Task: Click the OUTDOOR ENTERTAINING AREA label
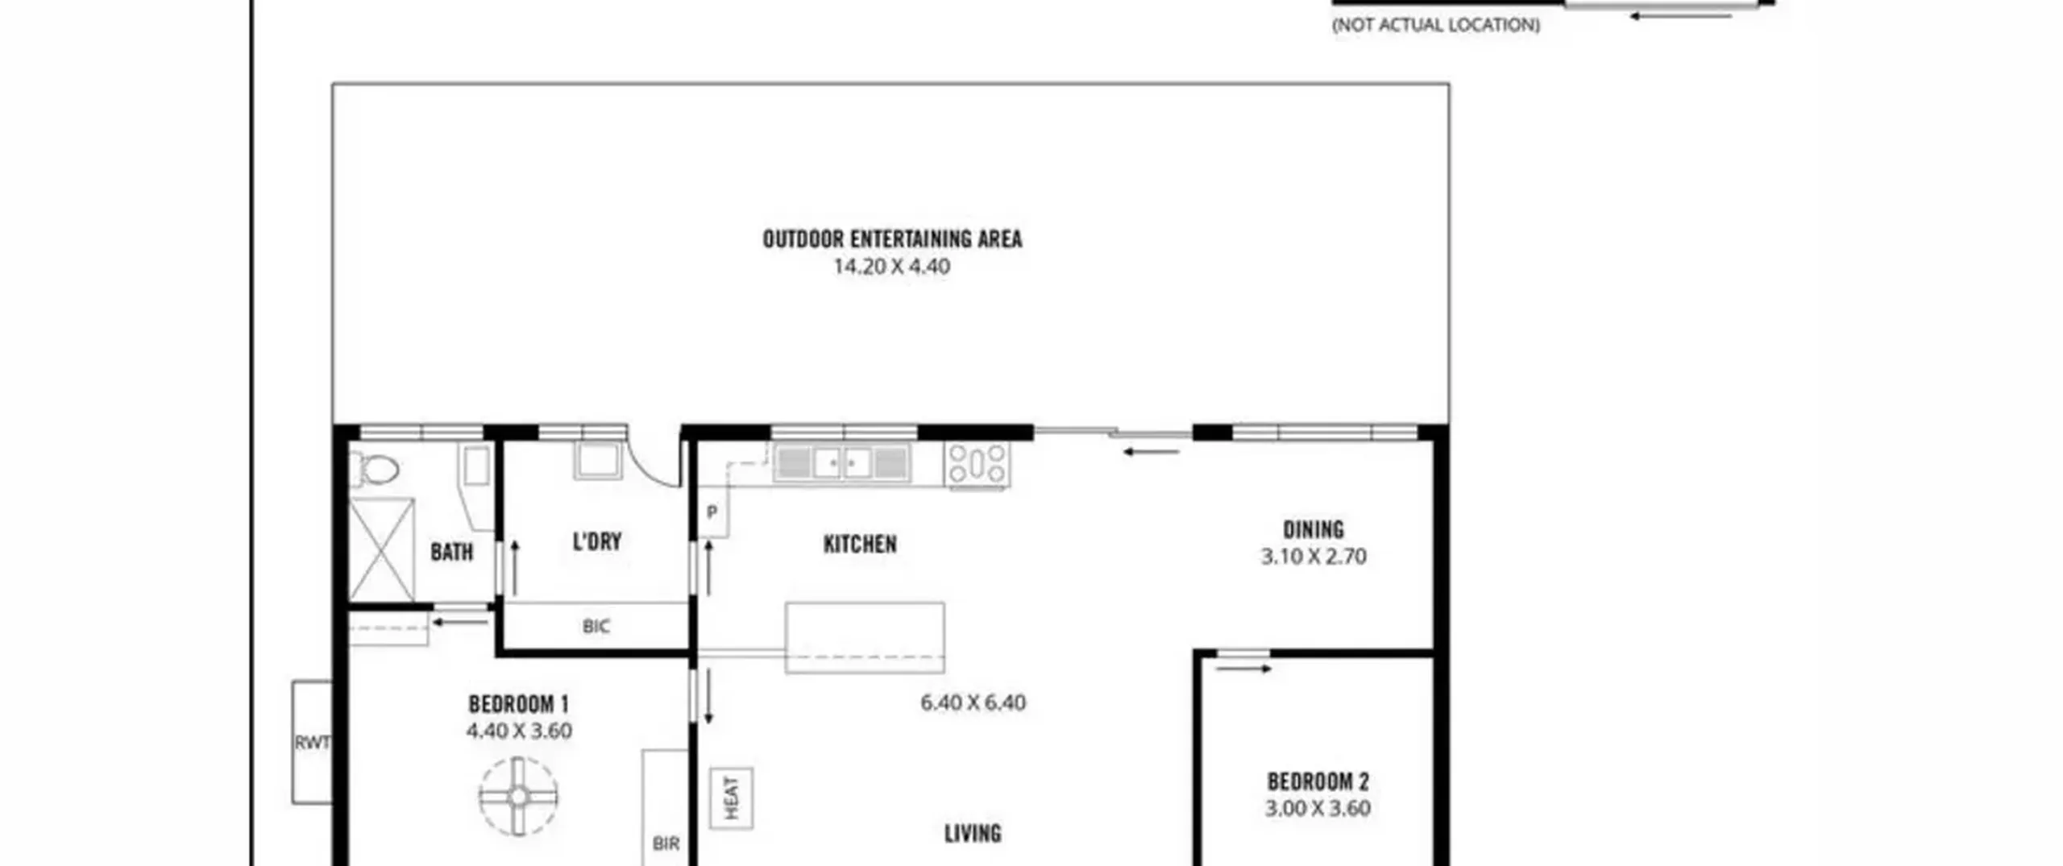[x=892, y=239]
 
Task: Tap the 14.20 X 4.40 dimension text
[x=892, y=267]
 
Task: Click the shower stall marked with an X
[x=382, y=549]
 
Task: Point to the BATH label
[x=452, y=552]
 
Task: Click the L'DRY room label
[x=597, y=541]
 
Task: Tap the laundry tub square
[x=597, y=461]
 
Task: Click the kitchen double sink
[x=842, y=463]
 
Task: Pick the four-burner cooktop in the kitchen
[x=977, y=465]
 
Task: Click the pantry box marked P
[x=712, y=512]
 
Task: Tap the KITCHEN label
[x=860, y=545]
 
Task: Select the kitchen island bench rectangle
[x=865, y=637]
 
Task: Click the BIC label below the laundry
[x=596, y=626]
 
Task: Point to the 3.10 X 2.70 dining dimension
[x=1314, y=557]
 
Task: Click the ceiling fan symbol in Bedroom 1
[x=518, y=797]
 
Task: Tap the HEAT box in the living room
[x=732, y=798]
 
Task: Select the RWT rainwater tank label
[x=312, y=743]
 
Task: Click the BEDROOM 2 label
[x=1318, y=781]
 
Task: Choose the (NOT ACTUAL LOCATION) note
[x=1436, y=25]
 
